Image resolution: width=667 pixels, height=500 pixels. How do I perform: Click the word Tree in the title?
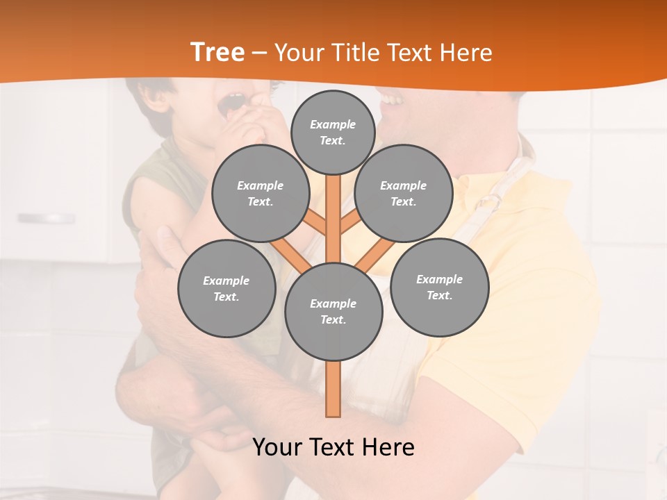(217, 52)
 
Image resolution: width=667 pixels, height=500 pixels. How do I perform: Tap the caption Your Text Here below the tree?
(333, 447)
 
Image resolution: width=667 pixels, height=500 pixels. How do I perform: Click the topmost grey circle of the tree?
(333, 132)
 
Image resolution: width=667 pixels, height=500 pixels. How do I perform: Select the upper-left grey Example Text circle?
(260, 193)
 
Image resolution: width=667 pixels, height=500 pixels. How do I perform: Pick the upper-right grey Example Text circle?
(403, 193)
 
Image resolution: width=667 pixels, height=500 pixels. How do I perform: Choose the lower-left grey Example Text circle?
(226, 288)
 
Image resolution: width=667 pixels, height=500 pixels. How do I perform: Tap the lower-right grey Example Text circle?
(439, 287)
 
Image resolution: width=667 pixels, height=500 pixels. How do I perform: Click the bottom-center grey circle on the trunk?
(333, 311)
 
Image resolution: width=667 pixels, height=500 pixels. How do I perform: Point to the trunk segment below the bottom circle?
(333, 389)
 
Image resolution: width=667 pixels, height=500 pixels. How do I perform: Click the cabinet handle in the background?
(47, 218)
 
